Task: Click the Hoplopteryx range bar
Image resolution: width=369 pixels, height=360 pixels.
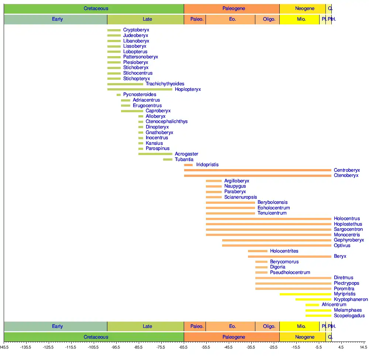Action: click(140, 89)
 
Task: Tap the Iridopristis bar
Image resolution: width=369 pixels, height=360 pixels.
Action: click(189, 165)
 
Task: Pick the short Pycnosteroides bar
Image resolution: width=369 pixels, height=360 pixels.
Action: click(118, 95)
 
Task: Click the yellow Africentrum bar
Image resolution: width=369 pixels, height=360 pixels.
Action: click(312, 305)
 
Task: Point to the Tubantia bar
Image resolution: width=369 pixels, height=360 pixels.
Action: click(168, 160)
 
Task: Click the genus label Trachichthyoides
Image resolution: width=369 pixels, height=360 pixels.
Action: click(165, 84)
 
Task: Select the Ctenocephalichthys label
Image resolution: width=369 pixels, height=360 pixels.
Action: click(166, 121)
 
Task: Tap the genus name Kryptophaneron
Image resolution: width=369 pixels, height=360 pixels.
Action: click(351, 299)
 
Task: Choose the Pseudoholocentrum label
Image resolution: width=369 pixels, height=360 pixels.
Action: click(290, 272)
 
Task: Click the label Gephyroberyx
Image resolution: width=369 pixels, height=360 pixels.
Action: click(349, 240)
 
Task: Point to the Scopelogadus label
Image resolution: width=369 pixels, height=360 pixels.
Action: click(349, 316)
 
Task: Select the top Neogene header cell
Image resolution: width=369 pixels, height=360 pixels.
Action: click(305, 8)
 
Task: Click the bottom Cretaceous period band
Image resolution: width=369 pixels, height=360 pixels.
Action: click(96, 337)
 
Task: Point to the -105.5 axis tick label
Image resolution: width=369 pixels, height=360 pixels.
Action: click(93, 347)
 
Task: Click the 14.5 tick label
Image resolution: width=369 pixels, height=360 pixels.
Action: click(363, 347)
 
